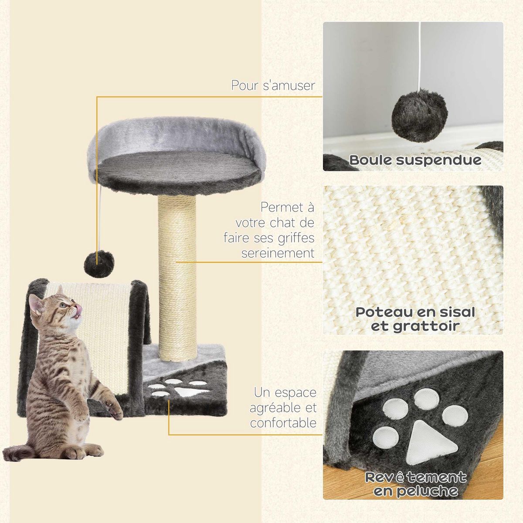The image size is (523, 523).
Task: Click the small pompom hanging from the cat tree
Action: tap(99, 263)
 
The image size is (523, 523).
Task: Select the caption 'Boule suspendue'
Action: tap(415, 160)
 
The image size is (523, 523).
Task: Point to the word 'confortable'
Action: tap(283, 423)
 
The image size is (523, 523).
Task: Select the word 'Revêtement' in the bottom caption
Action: tap(415, 477)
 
